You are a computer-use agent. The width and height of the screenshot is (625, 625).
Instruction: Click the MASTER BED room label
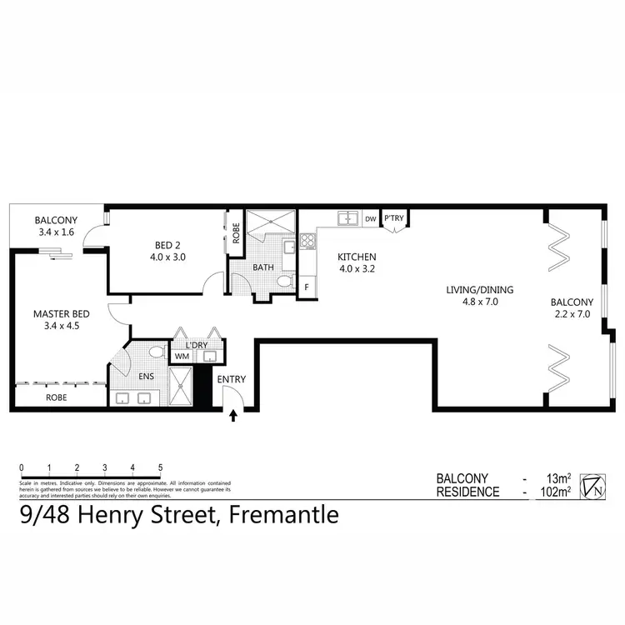tap(60, 313)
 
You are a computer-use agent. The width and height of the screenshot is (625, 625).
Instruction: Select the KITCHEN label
tap(357, 257)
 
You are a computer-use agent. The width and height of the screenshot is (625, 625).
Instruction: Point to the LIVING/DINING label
tap(479, 290)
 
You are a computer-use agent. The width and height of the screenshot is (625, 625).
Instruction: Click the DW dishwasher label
tap(370, 218)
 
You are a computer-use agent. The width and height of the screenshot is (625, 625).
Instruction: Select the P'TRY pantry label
tap(393, 218)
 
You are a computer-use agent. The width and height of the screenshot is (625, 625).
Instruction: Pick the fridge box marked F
tap(307, 287)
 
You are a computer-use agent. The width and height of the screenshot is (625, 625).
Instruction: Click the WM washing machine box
tap(181, 357)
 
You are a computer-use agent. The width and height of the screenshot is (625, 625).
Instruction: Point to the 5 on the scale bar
tap(159, 467)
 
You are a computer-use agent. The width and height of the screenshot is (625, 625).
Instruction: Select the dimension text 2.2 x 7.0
tap(572, 315)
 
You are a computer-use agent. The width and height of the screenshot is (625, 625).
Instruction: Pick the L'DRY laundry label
tap(184, 343)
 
